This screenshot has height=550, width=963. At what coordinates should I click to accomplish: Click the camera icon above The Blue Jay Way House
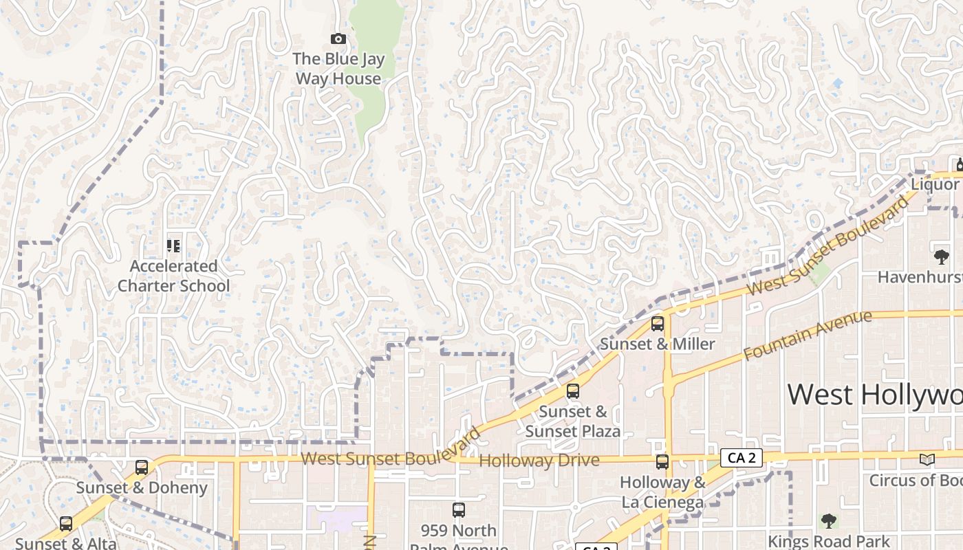[338, 39]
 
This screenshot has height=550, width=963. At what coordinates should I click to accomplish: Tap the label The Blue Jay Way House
[338, 69]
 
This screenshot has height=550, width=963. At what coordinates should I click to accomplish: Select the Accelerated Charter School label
[173, 276]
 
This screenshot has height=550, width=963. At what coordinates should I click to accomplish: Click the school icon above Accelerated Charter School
[173, 245]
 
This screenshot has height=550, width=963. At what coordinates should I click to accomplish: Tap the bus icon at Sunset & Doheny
[142, 467]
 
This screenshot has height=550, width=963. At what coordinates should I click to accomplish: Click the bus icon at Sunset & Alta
[66, 524]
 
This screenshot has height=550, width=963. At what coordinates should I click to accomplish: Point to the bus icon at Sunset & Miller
[658, 324]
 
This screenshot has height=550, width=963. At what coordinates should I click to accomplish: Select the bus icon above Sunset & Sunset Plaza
[573, 391]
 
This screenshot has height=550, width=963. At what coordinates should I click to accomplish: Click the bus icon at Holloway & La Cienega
[662, 462]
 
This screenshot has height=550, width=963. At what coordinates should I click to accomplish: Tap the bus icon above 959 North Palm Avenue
[459, 510]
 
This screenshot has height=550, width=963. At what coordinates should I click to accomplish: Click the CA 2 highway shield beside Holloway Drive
[742, 458]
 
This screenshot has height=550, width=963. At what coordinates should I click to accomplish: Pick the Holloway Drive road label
[539, 461]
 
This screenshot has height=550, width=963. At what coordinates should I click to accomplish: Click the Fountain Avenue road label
[808, 335]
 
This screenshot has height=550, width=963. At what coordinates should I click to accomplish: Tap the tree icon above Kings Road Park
[829, 521]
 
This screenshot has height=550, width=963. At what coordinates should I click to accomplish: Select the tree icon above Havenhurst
[941, 257]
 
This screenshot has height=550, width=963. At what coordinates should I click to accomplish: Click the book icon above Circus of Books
[927, 459]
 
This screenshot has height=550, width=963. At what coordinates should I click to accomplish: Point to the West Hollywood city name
[874, 395]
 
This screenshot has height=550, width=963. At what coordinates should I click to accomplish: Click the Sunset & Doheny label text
[142, 488]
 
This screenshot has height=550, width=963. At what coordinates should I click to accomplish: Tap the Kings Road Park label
[829, 542]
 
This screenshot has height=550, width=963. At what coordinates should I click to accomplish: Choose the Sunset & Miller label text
[658, 344]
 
